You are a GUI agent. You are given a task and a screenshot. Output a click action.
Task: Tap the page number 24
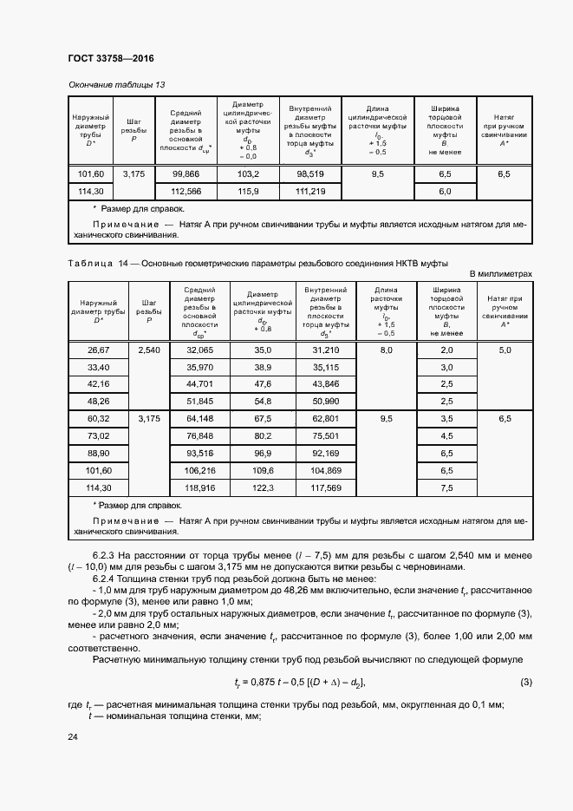(x=72, y=736)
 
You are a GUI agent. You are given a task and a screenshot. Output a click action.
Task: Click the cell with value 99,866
(x=186, y=174)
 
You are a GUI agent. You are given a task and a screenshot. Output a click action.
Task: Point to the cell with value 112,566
(x=186, y=191)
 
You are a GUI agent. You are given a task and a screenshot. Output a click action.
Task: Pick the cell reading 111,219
(x=310, y=191)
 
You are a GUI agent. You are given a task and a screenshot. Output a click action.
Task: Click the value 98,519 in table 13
(x=310, y=174)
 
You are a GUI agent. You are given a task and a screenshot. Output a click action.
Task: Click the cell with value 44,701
(x=199, y=383)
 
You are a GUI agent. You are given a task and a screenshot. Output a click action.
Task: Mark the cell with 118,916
(x=199, y=487)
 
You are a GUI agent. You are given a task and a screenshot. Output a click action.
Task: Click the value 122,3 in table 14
(x=263, y=487)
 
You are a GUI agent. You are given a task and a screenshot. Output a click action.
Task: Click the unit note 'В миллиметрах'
(x=500, y=273)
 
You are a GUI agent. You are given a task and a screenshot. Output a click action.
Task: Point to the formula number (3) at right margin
(x=526, y=682)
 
